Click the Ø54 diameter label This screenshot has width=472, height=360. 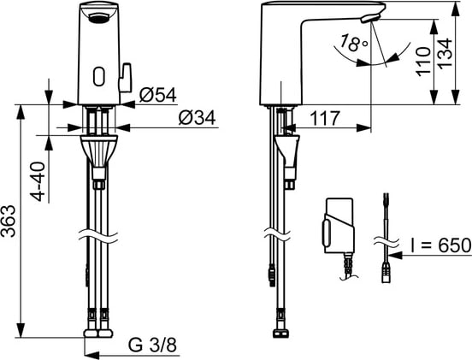[x=157, y=95]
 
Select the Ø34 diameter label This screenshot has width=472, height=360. [x=198, y=118]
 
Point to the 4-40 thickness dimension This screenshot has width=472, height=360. [x=38, y=181]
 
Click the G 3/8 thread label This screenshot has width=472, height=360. [x=152, y=345]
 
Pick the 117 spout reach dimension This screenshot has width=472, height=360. [x=325, y=118]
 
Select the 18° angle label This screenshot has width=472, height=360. [x=353, y=43]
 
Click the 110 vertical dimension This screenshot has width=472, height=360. [x=423, y=61]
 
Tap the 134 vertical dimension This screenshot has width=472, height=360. [x=445, y=54]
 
